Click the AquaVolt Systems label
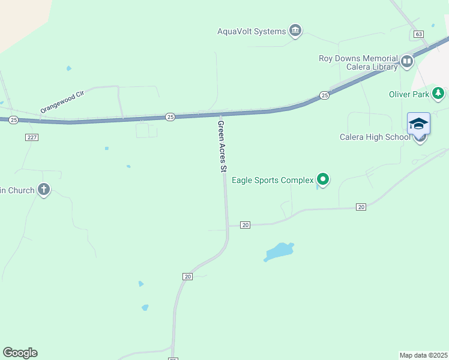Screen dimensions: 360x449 click(x=252, y=32)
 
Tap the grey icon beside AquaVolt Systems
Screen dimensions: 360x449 click(x=295, y=30)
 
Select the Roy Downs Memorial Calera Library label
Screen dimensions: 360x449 click(x=358, y=63)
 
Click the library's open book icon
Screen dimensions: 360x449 click(x=407, y=61)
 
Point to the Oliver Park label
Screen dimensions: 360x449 click(x=409, y=94)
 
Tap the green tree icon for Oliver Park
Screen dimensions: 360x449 click(x=439, y=93)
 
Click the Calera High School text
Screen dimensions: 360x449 click(x=375, y=137)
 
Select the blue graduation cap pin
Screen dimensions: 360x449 click(x=418, y=124)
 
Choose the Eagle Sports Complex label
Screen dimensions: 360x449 click(x=273, y=180)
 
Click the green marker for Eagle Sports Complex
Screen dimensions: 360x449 click(x=323, y=179)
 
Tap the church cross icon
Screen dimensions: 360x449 click(x=43, y=190)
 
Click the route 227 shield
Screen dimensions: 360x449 click(x=32, y=137)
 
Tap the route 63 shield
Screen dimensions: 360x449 click(x=418, y=34)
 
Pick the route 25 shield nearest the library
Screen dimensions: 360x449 click(x=324, y=95)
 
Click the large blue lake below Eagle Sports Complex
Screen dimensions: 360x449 click(x=278, y=251)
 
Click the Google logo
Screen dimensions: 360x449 click(x=20, y=353)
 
